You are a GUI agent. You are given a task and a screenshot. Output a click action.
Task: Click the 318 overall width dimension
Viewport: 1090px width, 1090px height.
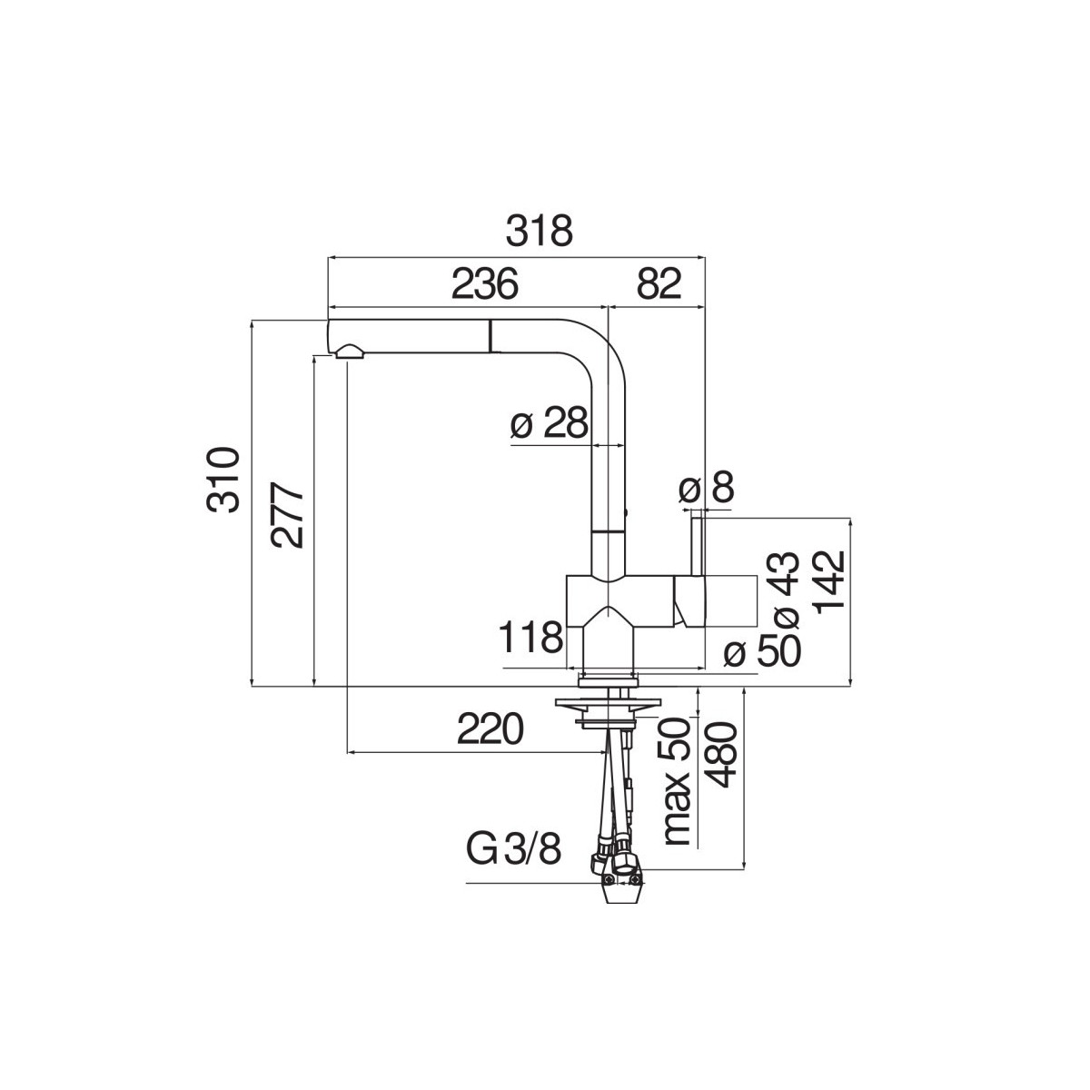539,232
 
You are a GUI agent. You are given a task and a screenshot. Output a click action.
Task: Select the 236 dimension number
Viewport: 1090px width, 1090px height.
485,283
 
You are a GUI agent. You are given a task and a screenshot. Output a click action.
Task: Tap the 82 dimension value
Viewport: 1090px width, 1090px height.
659,283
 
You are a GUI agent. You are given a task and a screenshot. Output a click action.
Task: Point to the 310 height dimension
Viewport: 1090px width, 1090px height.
223,481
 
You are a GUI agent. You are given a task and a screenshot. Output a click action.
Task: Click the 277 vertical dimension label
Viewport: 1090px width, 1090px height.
287,515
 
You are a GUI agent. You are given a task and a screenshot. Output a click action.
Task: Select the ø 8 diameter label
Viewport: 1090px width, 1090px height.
706,488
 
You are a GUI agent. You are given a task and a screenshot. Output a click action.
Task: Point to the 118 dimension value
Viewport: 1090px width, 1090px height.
531,638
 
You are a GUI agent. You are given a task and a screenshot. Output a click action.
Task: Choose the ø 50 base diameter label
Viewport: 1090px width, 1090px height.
762,650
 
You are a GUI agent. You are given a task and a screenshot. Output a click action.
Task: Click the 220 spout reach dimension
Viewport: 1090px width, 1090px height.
490,729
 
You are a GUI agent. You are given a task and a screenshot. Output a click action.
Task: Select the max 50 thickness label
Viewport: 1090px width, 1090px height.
677,789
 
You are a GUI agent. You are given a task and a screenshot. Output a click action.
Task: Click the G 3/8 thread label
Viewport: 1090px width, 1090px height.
513,865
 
